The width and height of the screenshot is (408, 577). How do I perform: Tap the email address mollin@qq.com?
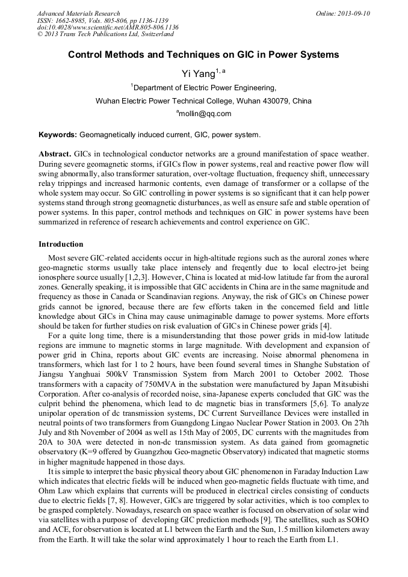click(x=205, y=113)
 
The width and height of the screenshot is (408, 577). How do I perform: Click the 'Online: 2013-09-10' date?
click(x=343, y=13)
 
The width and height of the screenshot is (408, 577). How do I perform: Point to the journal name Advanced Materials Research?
click(x=78, y=13)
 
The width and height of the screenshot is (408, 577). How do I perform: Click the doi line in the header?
click(x=107, y=27)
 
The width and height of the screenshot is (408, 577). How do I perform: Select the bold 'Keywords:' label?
click(x=57, y=135)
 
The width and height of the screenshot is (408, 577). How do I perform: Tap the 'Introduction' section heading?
click(x=61, y=244)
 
